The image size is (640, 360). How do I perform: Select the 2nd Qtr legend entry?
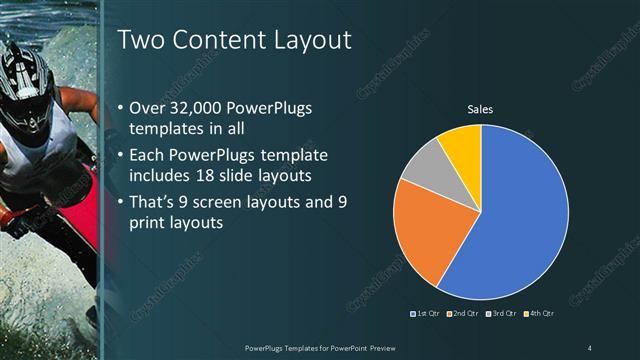pos(462,314)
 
